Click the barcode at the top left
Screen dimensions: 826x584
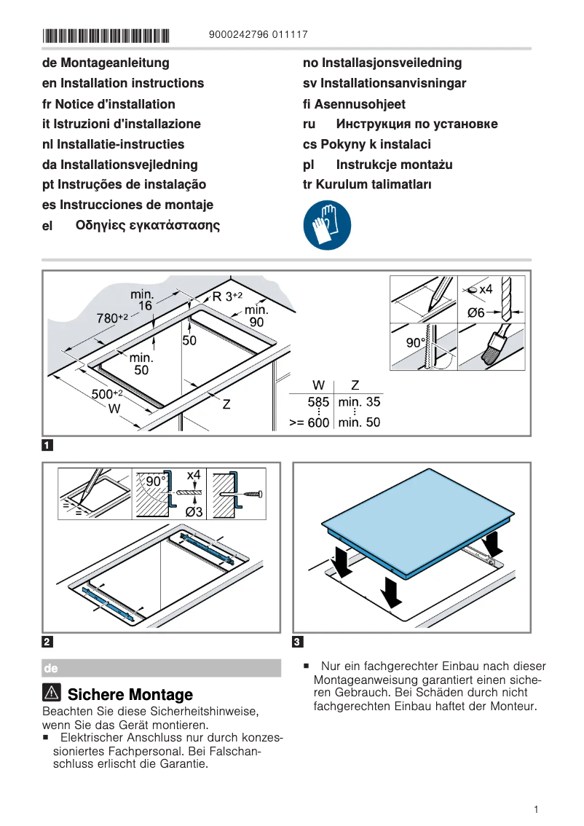coord(106,35)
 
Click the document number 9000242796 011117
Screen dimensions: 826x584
coord(258,34)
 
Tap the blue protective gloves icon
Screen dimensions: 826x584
coord(327,226)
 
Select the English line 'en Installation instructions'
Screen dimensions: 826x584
coord(123,83)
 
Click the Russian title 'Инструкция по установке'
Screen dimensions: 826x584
coord(417,124)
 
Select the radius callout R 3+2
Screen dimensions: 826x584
coord(227,296)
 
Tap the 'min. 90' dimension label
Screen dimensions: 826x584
coord(256,315)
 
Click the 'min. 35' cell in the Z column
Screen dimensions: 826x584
coord(359,402)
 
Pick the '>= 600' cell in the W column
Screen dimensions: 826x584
coord(309,422)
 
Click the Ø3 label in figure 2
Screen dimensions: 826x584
coord(194,511)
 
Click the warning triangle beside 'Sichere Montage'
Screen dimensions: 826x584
coord(52,694)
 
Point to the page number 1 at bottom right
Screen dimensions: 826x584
coord(535,809)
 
